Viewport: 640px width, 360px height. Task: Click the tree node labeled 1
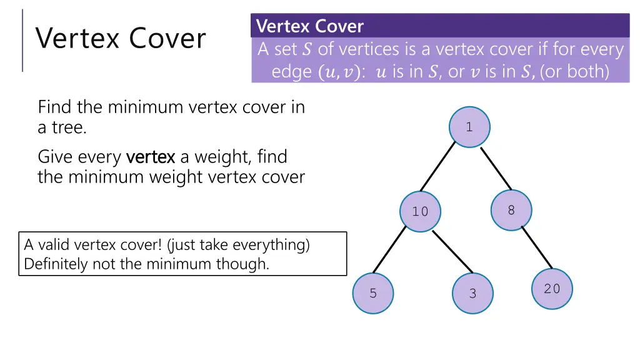point(469,127)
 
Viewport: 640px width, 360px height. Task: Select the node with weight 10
point(420,211)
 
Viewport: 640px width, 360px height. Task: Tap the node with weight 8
point(511,210)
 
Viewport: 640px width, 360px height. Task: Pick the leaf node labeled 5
point(373,293)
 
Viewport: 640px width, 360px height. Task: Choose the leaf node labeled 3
point(472,293)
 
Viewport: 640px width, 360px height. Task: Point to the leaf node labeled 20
point(552,289)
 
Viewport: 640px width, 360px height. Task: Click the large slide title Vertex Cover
point(121,39)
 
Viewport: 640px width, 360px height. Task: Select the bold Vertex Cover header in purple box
point(310,26)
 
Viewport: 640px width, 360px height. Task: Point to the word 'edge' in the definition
point(291,72)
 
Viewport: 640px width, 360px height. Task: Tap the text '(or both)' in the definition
point(574,72)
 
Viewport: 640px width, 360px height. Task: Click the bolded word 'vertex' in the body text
point(150,156)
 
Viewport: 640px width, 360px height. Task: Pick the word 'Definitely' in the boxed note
point(55,264)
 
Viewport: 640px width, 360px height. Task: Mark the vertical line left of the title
point(22,40)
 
